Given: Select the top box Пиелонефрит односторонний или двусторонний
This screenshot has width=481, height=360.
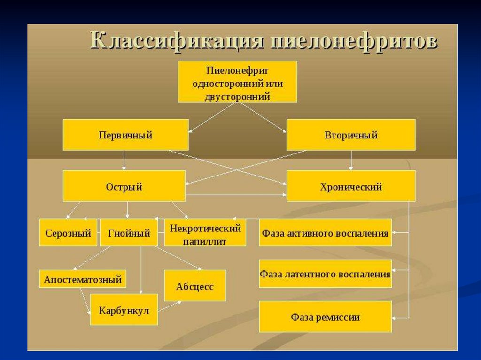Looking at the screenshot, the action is (237, 81).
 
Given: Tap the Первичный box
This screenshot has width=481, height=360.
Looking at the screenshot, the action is (125, 135).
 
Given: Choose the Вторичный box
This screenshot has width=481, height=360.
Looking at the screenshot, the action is (350, 135).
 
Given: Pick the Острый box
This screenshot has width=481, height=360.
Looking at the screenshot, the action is (124, 186).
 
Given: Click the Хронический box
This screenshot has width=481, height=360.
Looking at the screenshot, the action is (350, 186).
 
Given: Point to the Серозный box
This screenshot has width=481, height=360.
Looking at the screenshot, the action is (68, 232).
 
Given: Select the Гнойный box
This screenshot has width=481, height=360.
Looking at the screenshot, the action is (129, 232).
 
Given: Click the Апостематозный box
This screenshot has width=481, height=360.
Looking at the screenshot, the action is (83, 280).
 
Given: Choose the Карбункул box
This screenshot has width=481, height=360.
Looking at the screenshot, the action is (124, 310).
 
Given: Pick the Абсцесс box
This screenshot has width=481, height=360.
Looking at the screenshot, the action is (194, 286).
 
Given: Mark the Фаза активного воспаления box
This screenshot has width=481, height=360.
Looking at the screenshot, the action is (325, 232).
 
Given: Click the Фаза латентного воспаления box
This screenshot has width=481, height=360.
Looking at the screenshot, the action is (325, 274).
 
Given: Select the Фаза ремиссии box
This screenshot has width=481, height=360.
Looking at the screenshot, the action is (325, 317).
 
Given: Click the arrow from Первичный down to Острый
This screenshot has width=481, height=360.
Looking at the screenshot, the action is (124, 160).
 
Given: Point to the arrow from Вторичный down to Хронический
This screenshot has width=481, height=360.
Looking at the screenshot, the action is (350, 160).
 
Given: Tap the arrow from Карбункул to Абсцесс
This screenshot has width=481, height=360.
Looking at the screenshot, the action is (170, 306).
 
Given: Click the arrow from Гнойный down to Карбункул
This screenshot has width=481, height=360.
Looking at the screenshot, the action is (141, 270).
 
